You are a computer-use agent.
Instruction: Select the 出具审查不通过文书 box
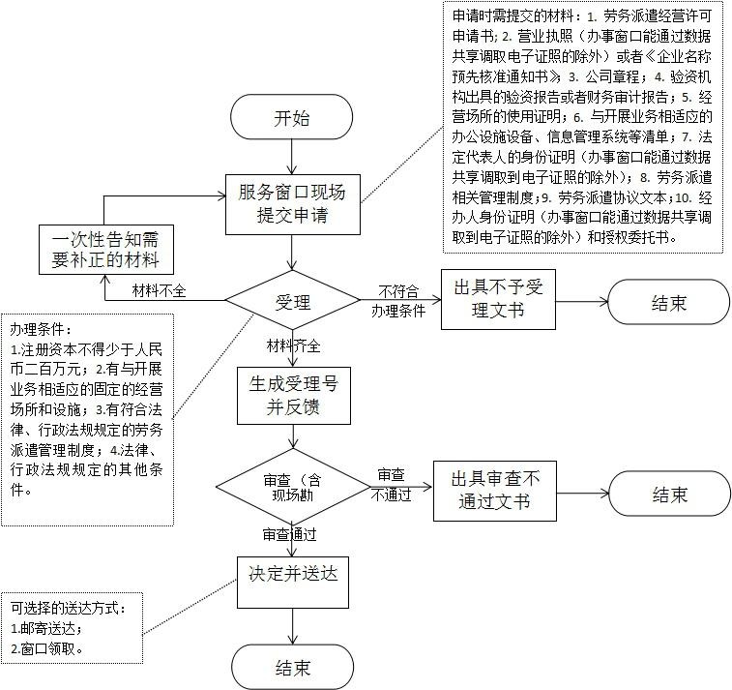[494, 491]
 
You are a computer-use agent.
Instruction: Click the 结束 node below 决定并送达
[291, 667]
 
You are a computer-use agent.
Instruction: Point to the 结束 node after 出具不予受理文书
[668, 302]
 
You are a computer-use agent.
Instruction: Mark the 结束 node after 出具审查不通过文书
[668, 494]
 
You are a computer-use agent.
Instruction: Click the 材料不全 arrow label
[160, 290]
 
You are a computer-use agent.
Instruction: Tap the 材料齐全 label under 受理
[293, 345]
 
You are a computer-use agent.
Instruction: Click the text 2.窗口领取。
[48, 648]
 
